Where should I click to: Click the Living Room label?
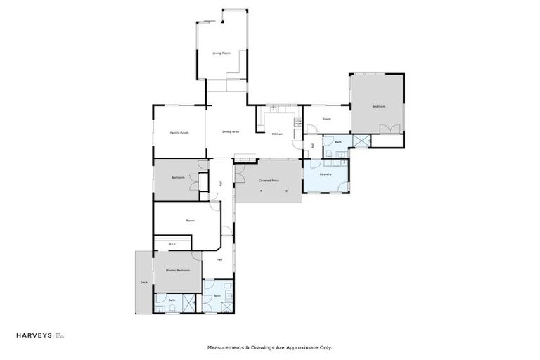pos(221,53)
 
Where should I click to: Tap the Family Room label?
pos(179,133)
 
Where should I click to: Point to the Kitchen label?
pos(277,134)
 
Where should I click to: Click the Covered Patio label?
pos(269,181)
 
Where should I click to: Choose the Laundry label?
pos(325,174)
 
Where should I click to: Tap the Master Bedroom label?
pos(177,270)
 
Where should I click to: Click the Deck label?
pos(143,283)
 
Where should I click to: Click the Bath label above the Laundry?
pos(337,142)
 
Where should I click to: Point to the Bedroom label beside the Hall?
pos(177,178)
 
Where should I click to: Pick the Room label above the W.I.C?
pos(190,221)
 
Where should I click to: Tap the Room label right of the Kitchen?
pos(326,119)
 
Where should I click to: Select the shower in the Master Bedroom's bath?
pos(188,303)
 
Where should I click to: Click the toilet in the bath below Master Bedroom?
pos(160,307)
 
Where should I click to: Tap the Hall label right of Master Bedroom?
pos(219,259)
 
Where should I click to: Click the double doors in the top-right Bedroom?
pos(390,129)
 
